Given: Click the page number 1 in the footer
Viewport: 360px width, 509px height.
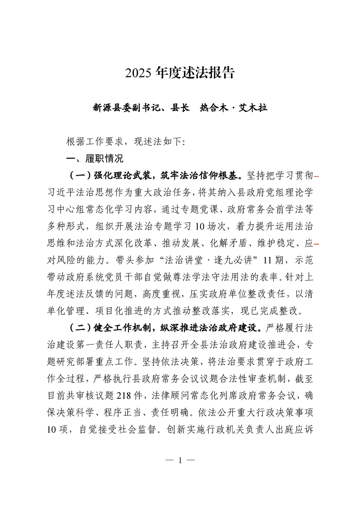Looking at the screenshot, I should coord(180,460).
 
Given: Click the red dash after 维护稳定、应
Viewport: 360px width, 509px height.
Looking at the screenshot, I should coord(316,244).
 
